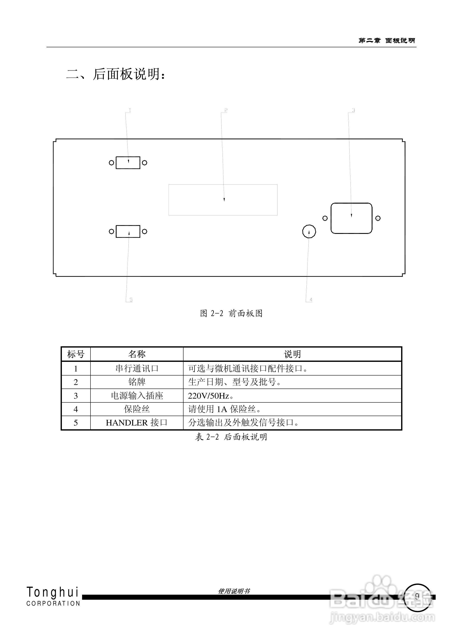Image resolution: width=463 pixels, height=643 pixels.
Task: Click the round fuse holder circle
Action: pyautogui.click(x=309, y=232)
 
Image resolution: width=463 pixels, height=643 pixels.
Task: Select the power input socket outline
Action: pyautogui.click(x=351, y=218)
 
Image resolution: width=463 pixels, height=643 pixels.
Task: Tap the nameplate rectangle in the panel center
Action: pyautogui.click(x=223, y=200)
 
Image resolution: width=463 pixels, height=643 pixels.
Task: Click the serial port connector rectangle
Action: pyautogui.click(x=128, y=163)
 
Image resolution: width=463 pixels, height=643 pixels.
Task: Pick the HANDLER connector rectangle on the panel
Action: pyautogui.click(x=128, y=231)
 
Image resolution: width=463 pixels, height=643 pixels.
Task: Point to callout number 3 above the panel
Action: pyautogui.click(x=353, y=110)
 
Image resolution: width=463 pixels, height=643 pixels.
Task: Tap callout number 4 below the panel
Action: pyautogui.click(x=311, y=300)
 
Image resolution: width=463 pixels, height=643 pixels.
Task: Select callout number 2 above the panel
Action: pyautogui.click(x=226, y=110)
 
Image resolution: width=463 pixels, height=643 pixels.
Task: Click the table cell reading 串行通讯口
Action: pyautogui.click(x=137, y=368)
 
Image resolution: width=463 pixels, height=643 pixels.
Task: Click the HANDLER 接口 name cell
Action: pyautogui.click(x=137, y=423)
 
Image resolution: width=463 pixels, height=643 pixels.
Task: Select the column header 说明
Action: pyautogui.click(x=292, y=354)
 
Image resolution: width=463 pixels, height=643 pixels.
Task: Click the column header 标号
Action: pyautogui.click(x=76, y=354)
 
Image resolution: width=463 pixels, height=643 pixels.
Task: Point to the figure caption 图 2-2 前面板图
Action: pyautogui.click(x=231, y=313)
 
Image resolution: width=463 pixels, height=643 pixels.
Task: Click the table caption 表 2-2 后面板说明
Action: pyautogui.click(x=231, y=437)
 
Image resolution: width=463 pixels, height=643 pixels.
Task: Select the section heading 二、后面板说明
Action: pyautogui.click(x=116, y=74)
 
